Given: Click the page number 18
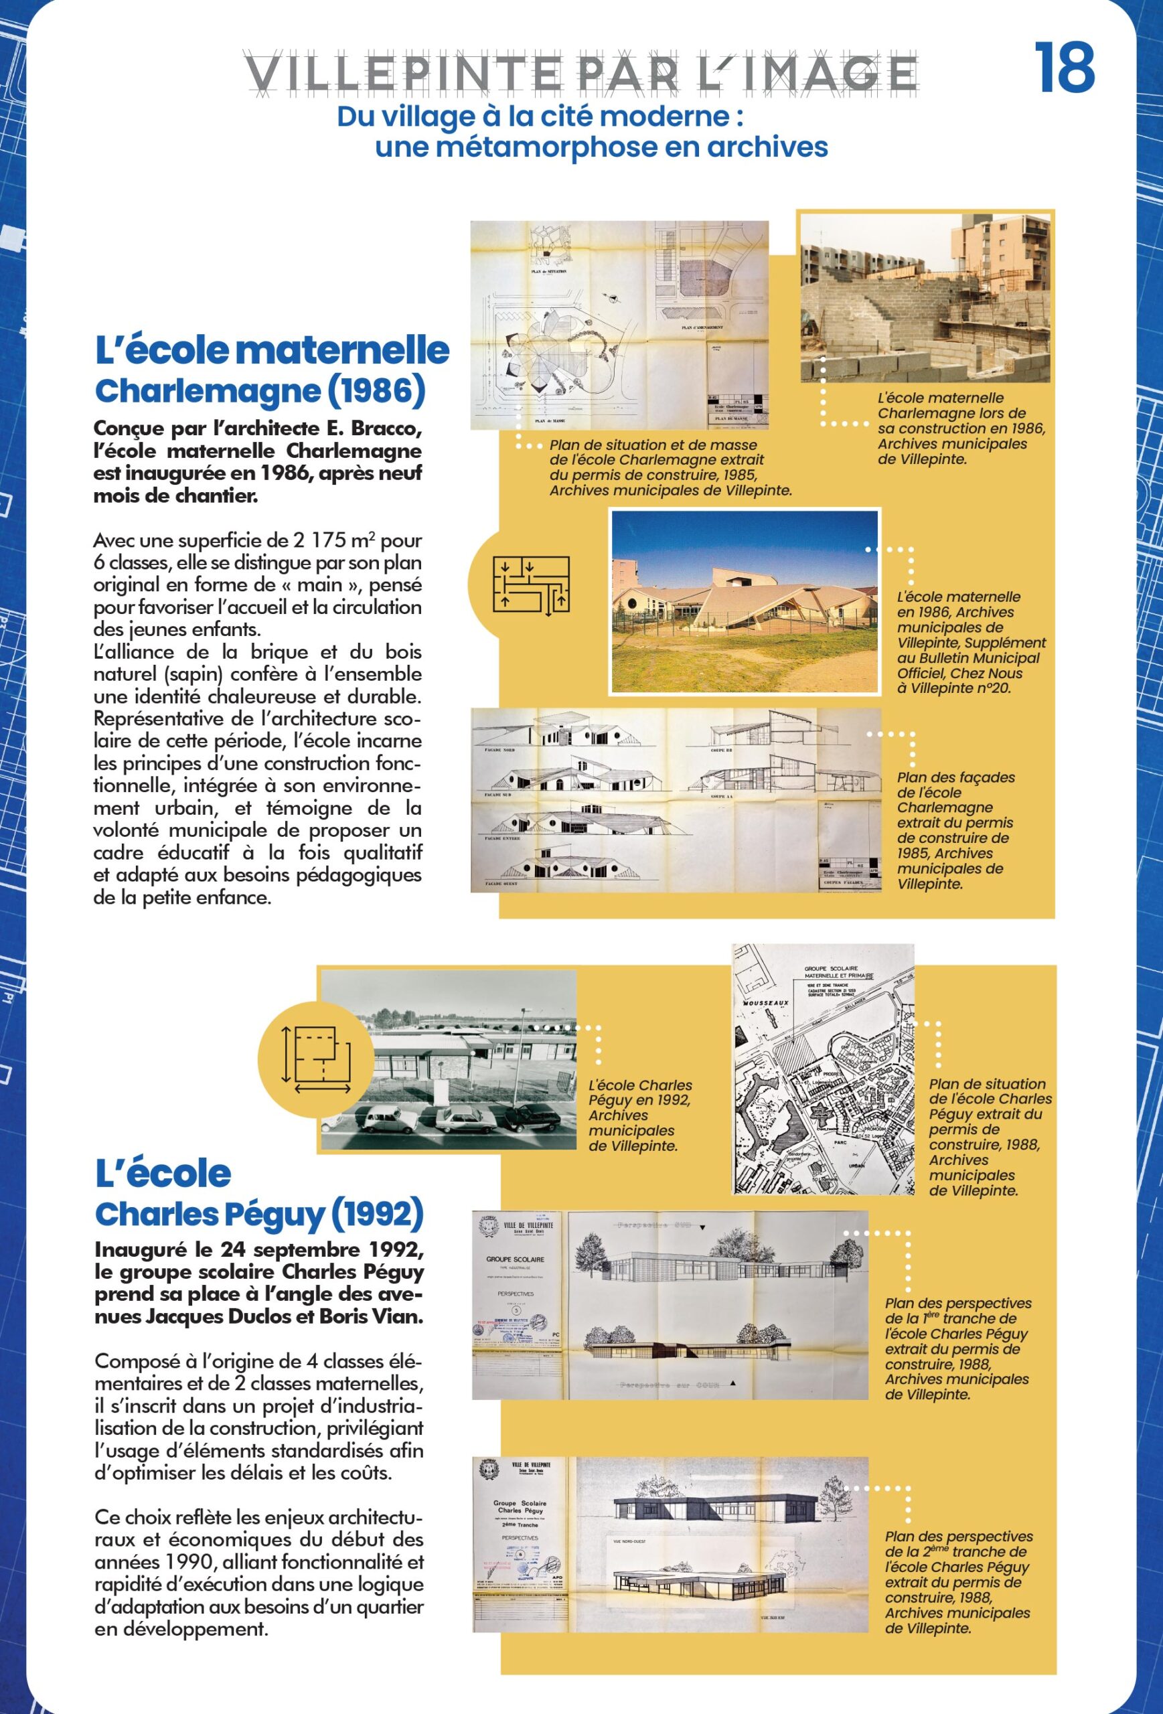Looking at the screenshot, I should point(1064,68).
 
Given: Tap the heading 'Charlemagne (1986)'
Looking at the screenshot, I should point(260,391).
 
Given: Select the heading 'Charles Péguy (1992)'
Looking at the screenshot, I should point(259,1214).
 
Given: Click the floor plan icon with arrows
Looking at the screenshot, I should point(531,586).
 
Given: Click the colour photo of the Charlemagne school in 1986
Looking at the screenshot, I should point(744,601).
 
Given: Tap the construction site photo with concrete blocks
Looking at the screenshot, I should point(925,298).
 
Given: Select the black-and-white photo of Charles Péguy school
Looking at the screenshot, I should point(449,1059).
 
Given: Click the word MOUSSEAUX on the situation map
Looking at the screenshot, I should point(765,1003).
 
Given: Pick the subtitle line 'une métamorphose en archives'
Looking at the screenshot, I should point(601,147).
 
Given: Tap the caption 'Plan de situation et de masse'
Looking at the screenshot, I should point(653,445).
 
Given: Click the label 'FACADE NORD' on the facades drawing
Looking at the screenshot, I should point(499,749).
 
